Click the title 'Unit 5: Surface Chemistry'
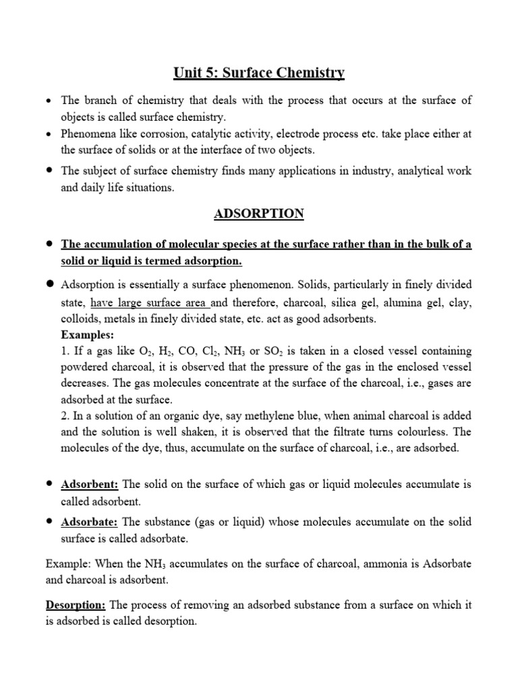coord(259,72)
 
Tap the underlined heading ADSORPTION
coord(259,214)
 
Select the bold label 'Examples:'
coord(88,335)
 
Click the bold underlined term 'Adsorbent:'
coord(90,485)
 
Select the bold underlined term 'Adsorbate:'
coord(90,522)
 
